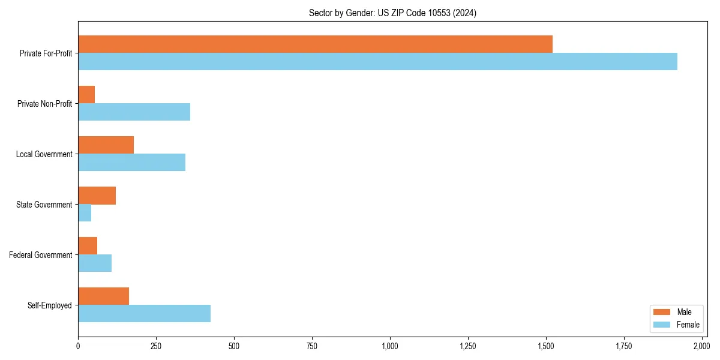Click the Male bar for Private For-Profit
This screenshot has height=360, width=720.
pyautogui.click(x=315, y=44)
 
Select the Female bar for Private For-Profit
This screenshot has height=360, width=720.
pyautogui.click(x=377, y=61)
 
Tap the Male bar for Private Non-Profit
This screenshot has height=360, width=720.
pyautogui.click(x=86, y=95)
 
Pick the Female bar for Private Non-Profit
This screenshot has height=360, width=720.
pyautogui.click(x=134, y=112)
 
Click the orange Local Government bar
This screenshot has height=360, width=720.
pyautogui.click(x=106, y=145)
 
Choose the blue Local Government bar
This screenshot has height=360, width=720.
pyautogui.click(x=131, y=162)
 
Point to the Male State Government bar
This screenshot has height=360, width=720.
pyautogui.click(x=97, y=196)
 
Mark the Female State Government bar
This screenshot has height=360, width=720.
pyautogui.click(x=85, y=212)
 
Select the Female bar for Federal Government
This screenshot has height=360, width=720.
pyautogui.click(x=95, y=263)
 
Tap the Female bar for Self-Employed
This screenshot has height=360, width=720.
pyautogui.click(x=144, y=313)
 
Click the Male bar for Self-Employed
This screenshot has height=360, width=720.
pyautogui.click(x=103, y=296)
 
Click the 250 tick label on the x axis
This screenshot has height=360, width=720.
pyautogui.click(x=156, y=346)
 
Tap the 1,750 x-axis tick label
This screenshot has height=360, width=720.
pyautogui.click(x=624, y=346)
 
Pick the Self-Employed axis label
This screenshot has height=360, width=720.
pyautogui.click(x=50, y=305)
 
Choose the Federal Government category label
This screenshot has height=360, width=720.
pyautogui.click(x=41, y=255)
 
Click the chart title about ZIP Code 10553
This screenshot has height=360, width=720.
pyautogui.click(x=392, y=13)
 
